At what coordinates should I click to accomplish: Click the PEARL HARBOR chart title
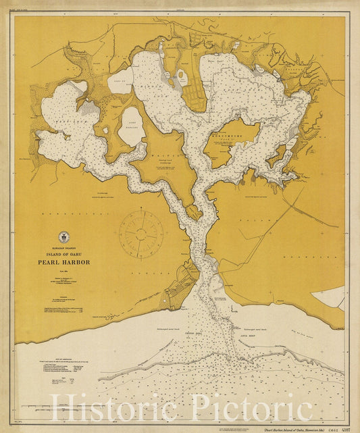point(64,262)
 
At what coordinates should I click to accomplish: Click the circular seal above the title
point(64,236)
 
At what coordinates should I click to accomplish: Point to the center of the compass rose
point(140,234)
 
